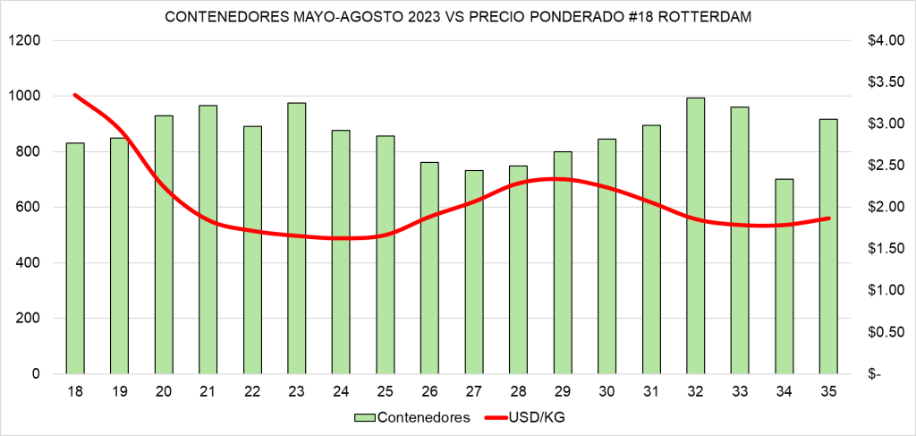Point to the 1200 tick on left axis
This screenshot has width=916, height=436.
(25, 41)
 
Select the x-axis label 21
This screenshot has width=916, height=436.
(208, 390)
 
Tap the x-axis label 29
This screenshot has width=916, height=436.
(562, 390)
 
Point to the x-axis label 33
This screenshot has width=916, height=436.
(739, 390)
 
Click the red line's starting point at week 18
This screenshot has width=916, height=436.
(75, 95)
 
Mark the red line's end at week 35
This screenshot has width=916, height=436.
(828, 218)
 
